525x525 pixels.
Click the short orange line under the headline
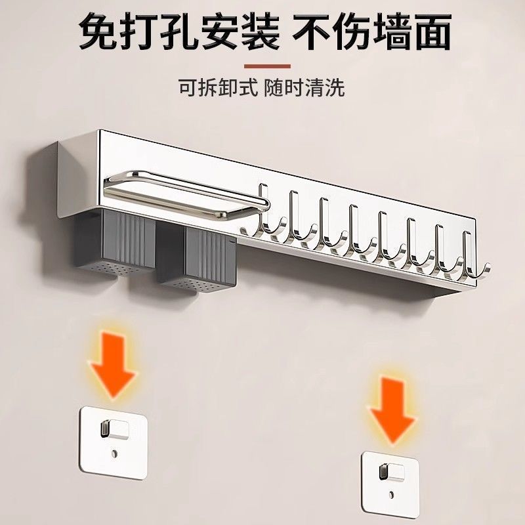pos(266,66)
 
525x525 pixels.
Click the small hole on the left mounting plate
pos(115,453)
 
